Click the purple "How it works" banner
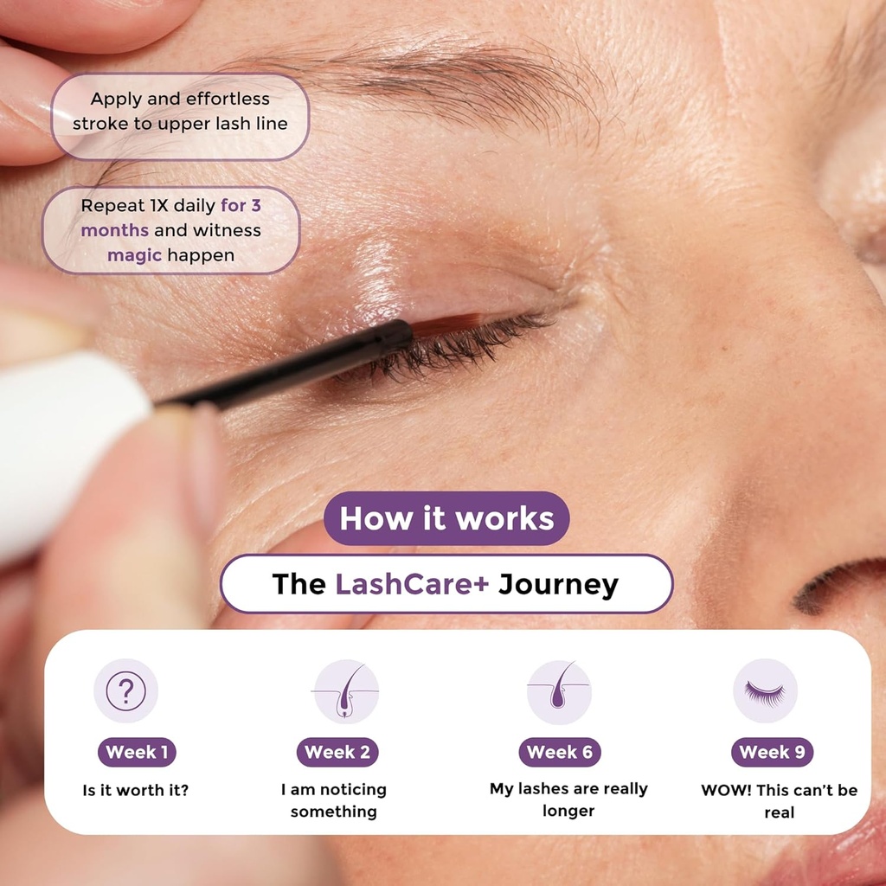tap(446, 518)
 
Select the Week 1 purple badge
tap(137, 752)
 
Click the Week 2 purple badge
tap(337, 752)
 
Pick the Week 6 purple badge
tap(560, 752)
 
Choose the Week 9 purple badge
tap(772, 752)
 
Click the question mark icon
tap(126, 690)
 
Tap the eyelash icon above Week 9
tap(765, 690)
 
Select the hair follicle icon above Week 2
tap(346, 690)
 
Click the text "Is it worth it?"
tap(136, 790)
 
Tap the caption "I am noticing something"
tap(334, 800)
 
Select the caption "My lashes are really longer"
tap(568, 799)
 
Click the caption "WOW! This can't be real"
tap(779, 801)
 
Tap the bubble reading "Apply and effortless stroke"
tap(180, 112)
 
